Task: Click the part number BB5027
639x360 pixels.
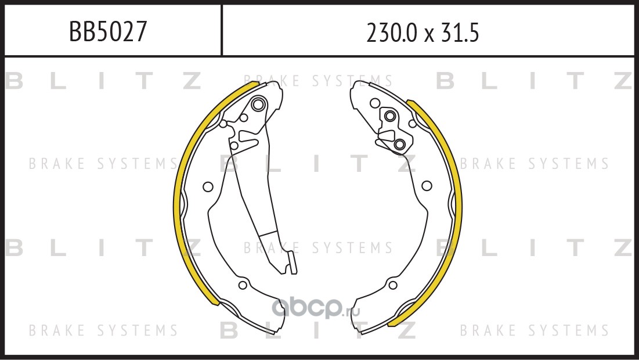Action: click(107, 31)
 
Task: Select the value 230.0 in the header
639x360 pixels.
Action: click(392, 33)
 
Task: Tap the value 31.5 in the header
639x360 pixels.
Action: click(460, 33)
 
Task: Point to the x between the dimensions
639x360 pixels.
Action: click(429, 35)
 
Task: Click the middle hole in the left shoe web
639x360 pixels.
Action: click(208, 187)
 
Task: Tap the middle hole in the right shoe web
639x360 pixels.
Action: click(427, 186)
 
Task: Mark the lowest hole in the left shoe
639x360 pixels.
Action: click(243, 285)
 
